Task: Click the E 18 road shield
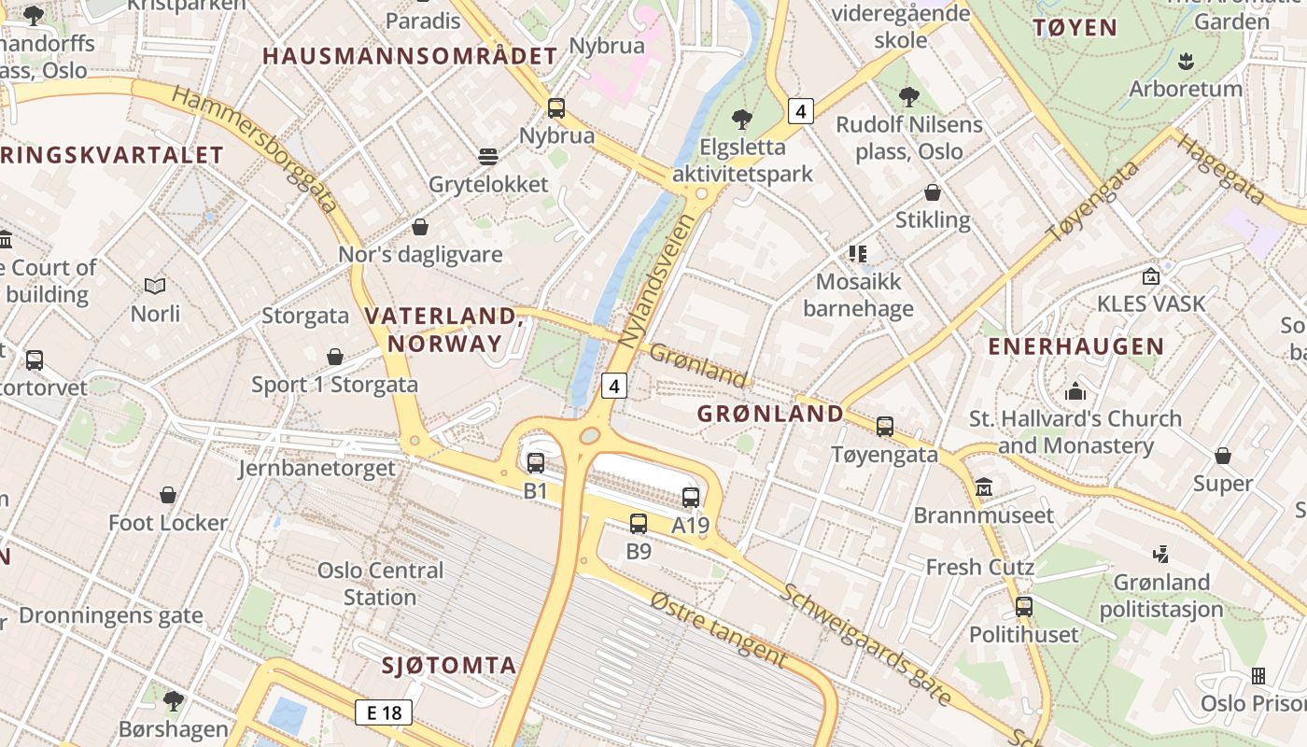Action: point(384,712)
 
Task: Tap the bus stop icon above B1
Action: point(536,462)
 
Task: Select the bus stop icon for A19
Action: point(691,498)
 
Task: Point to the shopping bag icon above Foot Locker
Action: point(168,495)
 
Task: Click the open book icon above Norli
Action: point(155,286)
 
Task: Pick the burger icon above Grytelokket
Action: point(488,156)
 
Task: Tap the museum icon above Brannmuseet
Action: point(984,487)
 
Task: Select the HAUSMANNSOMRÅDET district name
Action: point(409,56)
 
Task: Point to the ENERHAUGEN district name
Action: point(1076,346)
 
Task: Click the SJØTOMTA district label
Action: point(449,666)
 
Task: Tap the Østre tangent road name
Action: point(718,628)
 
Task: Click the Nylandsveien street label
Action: point(657,281)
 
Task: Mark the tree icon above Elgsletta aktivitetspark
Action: point(742,119)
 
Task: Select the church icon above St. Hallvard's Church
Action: point(1075,391)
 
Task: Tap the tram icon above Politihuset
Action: point(1024,607)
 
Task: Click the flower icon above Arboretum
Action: point(1186,62)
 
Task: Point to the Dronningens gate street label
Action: point(111,615)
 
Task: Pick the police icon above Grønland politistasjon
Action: point(1160,555)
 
